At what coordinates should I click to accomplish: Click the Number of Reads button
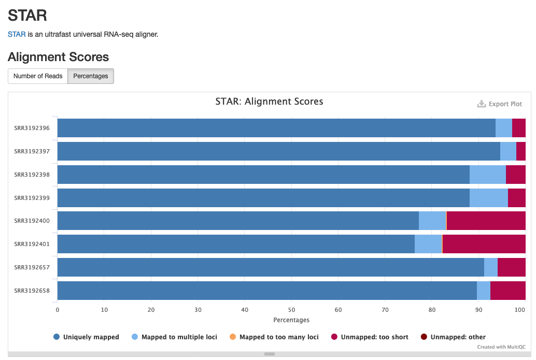pos(38,76)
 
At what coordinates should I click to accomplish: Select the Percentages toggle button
pos(91,76)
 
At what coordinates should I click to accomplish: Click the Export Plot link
pos(500,104)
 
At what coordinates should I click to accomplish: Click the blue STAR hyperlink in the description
pos(17,34)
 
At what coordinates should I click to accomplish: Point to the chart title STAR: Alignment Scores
pos(269,102)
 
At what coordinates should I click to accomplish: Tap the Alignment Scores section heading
pos(58,57)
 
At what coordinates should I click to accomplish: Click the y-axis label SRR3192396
pos(32,128)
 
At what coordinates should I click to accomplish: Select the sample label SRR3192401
pos(32,244)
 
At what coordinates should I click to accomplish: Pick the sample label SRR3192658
pos(32,291)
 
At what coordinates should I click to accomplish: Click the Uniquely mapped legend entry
pos(87,337)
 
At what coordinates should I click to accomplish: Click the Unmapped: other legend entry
pos(453,337)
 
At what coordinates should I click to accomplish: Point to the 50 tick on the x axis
pos(291,310)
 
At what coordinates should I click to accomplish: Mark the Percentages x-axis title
pos(291,320)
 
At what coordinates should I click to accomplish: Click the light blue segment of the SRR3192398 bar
pos(487,175)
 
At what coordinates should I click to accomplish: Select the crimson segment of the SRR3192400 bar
pos(486,221)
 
